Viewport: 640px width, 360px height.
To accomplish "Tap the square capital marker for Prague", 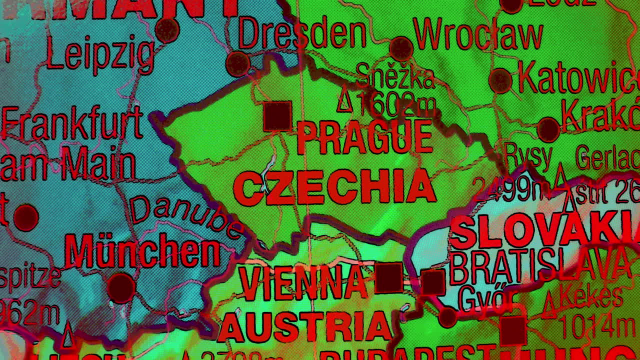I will [x=277, y=116].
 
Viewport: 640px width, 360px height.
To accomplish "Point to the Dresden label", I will [x=302, y=33].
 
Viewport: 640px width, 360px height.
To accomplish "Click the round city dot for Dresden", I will [x=237, y=64].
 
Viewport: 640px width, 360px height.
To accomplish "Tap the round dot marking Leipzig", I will [x=167, y=30].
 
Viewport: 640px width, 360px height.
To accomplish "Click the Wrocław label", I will [x=478, y=35].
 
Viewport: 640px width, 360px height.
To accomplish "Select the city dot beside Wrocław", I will [x=401, y=48].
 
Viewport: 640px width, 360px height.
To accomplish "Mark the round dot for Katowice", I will [x=500, y=80].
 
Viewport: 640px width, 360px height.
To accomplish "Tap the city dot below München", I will [x=121, y=288].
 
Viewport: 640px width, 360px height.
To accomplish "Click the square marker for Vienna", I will [x=389, y=277].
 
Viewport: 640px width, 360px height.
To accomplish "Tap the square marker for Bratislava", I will [x=433, y=282].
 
